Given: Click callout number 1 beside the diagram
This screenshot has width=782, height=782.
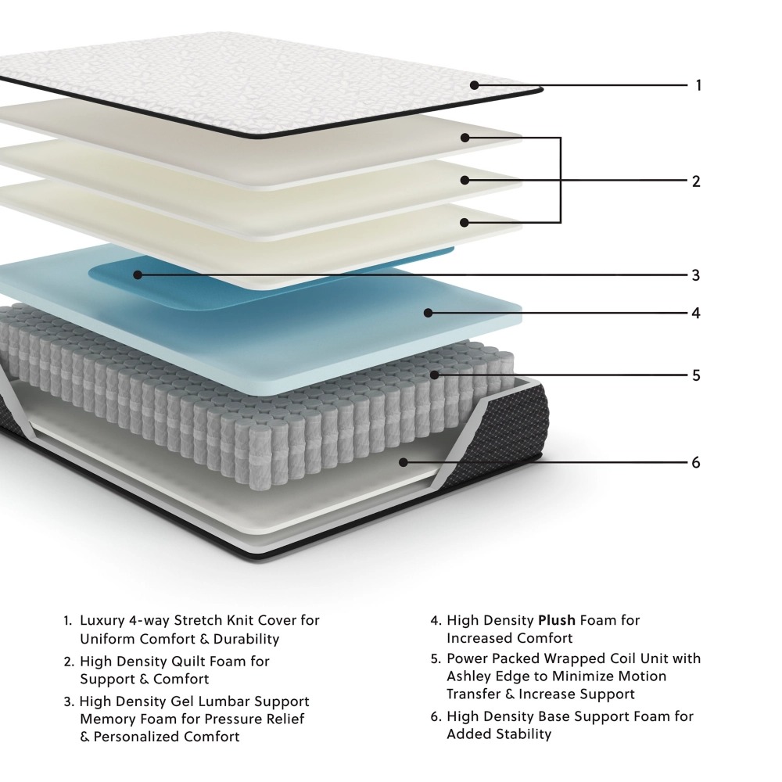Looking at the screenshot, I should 698,85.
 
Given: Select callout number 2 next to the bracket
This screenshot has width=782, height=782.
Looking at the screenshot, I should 696,181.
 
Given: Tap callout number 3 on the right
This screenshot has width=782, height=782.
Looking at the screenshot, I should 695,275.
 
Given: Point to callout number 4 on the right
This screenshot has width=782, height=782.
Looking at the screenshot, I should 695,313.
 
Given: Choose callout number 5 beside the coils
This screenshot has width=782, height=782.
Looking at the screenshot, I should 695,375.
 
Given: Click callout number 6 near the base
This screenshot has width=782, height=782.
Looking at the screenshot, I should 695,462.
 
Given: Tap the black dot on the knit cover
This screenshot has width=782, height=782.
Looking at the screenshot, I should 474,84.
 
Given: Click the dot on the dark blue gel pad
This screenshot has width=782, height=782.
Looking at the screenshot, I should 138,274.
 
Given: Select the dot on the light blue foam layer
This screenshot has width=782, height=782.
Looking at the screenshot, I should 428,313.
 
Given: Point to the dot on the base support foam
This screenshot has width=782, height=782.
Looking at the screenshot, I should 404,462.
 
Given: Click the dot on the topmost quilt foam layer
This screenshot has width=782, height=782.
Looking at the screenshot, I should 465,138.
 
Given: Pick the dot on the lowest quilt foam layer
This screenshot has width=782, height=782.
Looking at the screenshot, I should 465,222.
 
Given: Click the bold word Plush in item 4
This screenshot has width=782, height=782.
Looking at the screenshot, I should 557,621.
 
